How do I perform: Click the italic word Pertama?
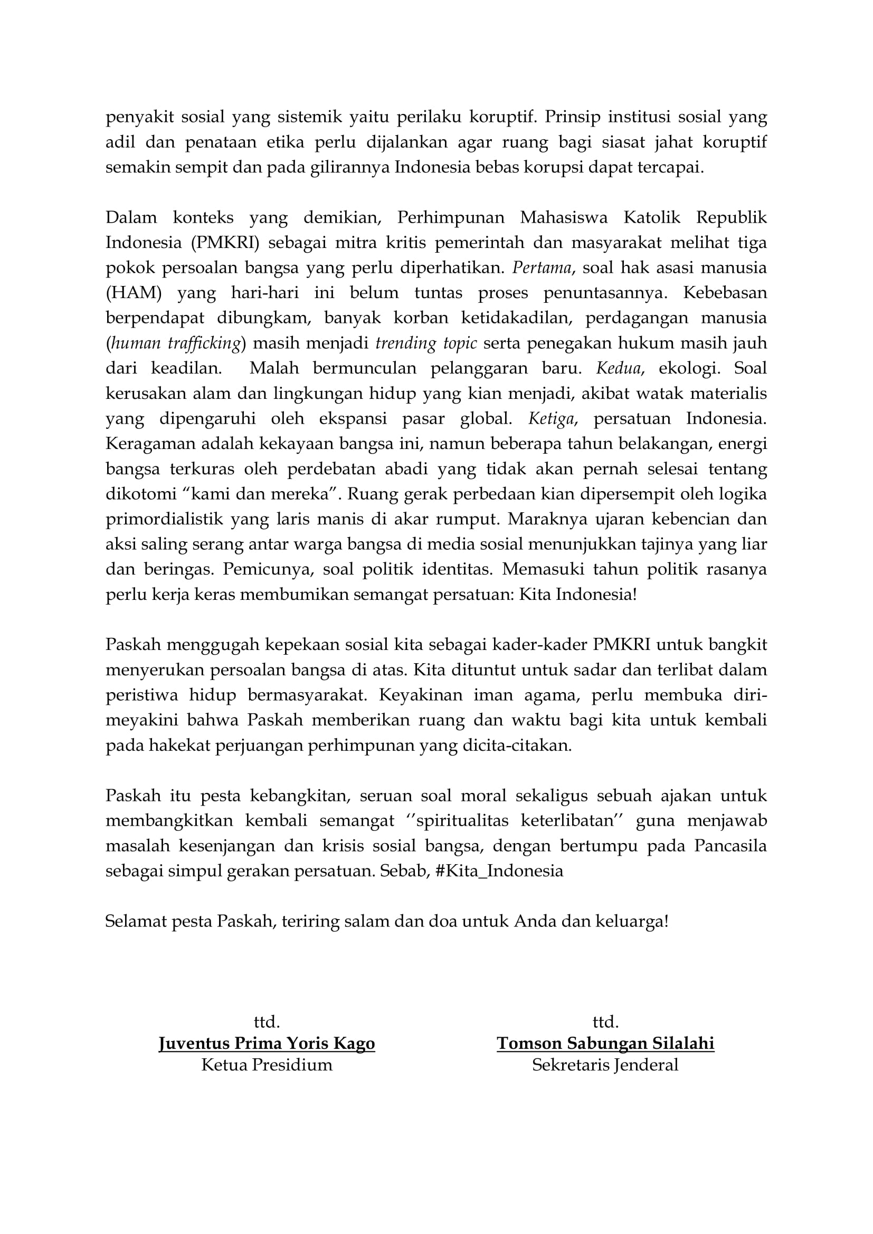point(542,267)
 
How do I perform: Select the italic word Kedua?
point(618,368)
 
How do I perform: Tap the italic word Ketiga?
point(552,419)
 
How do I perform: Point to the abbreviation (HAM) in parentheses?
point(134,293)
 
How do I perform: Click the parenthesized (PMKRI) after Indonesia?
point(225,242)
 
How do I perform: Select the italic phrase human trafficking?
point(175,343)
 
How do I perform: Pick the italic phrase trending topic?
point(426,343)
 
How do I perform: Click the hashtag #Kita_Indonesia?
point(499,871)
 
